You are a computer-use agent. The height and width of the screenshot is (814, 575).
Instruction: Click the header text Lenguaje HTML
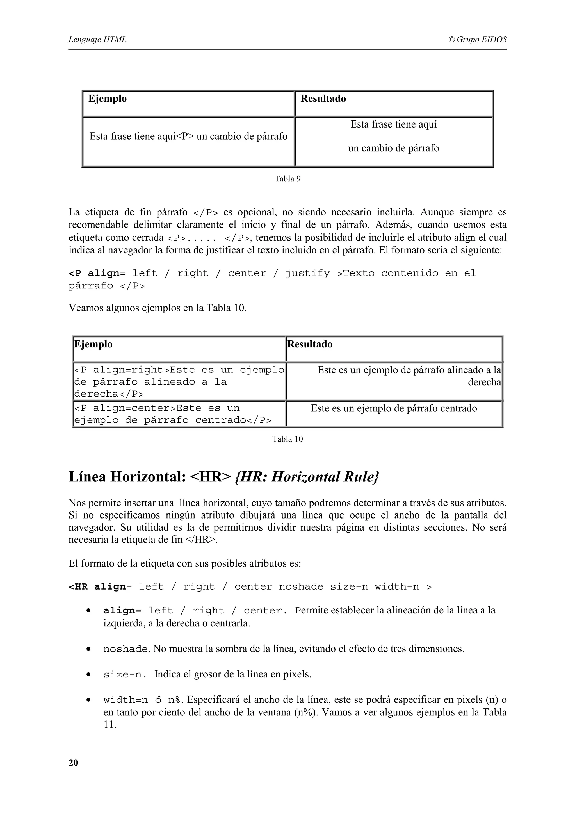click(x=97, y=39)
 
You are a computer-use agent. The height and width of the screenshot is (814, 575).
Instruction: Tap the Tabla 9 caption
click(x=287, y=179)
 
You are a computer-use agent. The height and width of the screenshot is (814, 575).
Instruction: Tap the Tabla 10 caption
click(x=287, y=439)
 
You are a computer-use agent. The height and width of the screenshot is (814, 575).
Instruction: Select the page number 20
click(x=73, y=763)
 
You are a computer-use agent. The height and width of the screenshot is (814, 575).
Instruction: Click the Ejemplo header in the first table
click(x=107, y=99)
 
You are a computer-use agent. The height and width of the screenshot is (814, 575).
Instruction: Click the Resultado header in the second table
click(x=310, y=344)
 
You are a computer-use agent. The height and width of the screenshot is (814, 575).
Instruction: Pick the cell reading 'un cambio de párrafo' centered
click(x=393, y=148)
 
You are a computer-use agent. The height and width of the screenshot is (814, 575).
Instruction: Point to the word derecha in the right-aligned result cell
click(x=484, y=382)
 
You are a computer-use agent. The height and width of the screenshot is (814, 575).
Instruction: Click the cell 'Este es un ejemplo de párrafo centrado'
click(x=394, y=408)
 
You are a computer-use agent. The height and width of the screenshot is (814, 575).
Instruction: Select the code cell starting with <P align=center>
click(x=173, y=414)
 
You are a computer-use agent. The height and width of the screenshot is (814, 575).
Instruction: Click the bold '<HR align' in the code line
click(x=97, y=587)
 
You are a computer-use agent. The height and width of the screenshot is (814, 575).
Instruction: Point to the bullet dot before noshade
click(x=88, y=649)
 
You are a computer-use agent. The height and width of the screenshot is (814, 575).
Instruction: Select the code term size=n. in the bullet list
click(x=125, y=675)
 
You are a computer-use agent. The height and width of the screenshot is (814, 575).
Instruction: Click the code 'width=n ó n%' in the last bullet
click(x=143, y=700)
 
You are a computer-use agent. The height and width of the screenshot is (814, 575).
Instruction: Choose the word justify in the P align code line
click(x=307, y=273)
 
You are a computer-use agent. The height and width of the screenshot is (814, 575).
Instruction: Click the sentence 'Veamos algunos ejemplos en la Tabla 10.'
click(x=157, y=308)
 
